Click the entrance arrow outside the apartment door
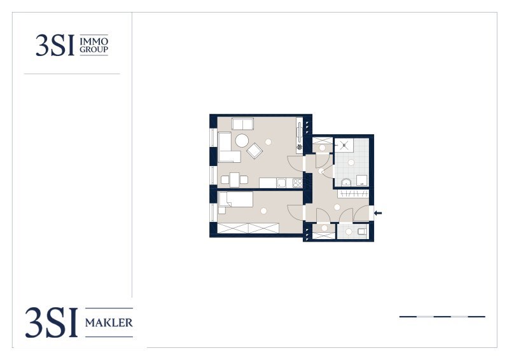tap(378, 213)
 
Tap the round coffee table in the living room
tap(242, 141)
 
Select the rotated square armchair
tap(254, 151)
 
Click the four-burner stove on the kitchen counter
tap(297, 183)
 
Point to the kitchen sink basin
tap(281, 183)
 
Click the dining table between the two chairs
tap(234, 180)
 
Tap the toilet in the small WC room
tap(361, 232)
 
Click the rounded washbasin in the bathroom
tap(346, 182)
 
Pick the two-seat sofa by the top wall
tap(243, 124)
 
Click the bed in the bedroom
tap(236, 199)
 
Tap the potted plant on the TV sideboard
tap(299, 147)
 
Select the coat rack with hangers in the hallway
tap(353, 194)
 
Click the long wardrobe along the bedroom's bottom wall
tap(248, 228)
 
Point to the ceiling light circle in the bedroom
tap(263, 211)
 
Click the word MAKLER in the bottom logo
tap(109, 322)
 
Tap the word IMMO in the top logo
tap(94, 41)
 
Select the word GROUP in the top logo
tap(94, 50)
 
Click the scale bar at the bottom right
tap(442, 317)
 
